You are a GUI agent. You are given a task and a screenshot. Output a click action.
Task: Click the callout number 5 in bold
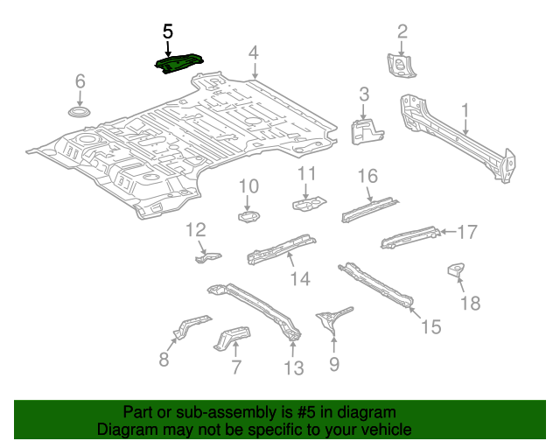click(x=168, y=31)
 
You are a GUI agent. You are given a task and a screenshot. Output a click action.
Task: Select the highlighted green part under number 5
click(x=178, y=63)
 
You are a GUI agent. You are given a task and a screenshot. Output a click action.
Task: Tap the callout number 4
click(x=253, y=53)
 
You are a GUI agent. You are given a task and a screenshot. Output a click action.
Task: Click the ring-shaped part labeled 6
click(x=80, y=114)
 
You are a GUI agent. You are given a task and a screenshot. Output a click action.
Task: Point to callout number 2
click(x=402, y=32)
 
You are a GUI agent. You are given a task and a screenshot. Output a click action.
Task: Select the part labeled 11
click(x=305, y=204)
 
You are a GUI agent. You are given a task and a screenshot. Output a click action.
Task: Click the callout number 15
click(x=430, y=327)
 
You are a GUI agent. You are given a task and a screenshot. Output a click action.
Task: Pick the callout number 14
click(x=300, y=278)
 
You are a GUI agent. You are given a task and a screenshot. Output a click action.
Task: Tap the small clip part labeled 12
click(x=207, y=256)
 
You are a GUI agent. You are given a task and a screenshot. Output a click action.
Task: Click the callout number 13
click(x=294, y=368)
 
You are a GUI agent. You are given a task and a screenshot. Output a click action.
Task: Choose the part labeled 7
click(x=232, y=337)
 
